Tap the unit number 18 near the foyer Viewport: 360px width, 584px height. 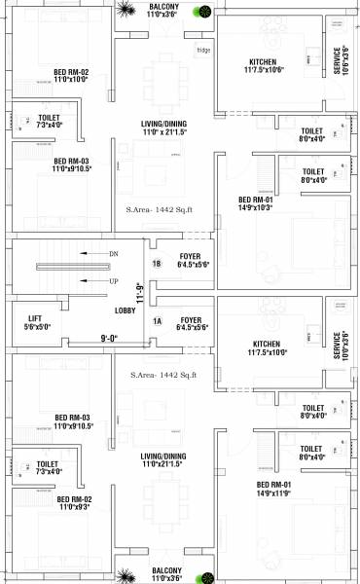(157, 264)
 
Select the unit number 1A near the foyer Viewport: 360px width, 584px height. (156, 320)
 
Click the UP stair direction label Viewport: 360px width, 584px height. (113, 281)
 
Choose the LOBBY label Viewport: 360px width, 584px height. (125, 310)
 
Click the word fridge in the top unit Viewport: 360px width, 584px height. (202, 50)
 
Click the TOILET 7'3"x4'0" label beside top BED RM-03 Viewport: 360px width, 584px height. (48, 121)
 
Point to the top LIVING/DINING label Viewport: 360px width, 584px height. (164, 124)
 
